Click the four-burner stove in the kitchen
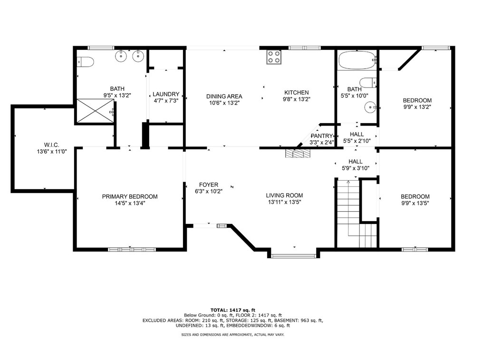click(274, 57)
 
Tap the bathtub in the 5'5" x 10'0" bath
click(357, 60)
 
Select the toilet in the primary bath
click(85, 62)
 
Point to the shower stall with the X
click(95, 111)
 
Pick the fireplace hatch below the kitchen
click(298, 154)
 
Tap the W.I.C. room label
click(52, 145)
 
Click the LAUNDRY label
click(166, 94)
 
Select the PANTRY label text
click(322, 136)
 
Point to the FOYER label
click(209, 185)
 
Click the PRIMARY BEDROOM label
click(130, 197)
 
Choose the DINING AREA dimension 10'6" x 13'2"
click(224, 103)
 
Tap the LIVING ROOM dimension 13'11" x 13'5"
click(284, 202)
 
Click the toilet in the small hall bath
click(368, 82)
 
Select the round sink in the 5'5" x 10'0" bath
click(370, 107)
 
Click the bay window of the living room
click(294, 255)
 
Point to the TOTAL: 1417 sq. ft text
click(233, 310)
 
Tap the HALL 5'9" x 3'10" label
click(356, 165)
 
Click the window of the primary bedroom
click(132, 249)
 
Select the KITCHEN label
click(296, 93)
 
